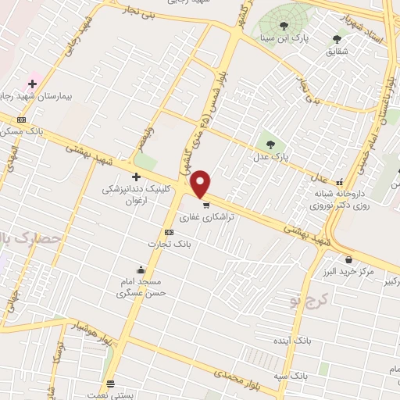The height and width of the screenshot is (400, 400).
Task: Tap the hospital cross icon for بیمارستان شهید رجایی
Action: coord(32,84)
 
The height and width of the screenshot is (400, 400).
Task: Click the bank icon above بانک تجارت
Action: coord(169,233)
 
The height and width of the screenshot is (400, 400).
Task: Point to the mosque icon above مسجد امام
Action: coord(140,270)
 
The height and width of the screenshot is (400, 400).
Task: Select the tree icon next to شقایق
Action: coord(337,38)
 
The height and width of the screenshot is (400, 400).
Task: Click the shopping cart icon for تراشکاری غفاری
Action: coord(206,206)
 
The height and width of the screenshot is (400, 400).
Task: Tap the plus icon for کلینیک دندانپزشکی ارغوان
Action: coord(137,177)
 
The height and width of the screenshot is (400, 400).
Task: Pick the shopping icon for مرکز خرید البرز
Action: coord(348,260)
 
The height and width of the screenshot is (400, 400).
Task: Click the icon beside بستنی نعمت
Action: coord(110,384)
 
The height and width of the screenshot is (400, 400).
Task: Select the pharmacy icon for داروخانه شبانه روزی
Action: coord(338,178)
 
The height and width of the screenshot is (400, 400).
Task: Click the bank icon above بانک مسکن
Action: coord(21,120)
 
